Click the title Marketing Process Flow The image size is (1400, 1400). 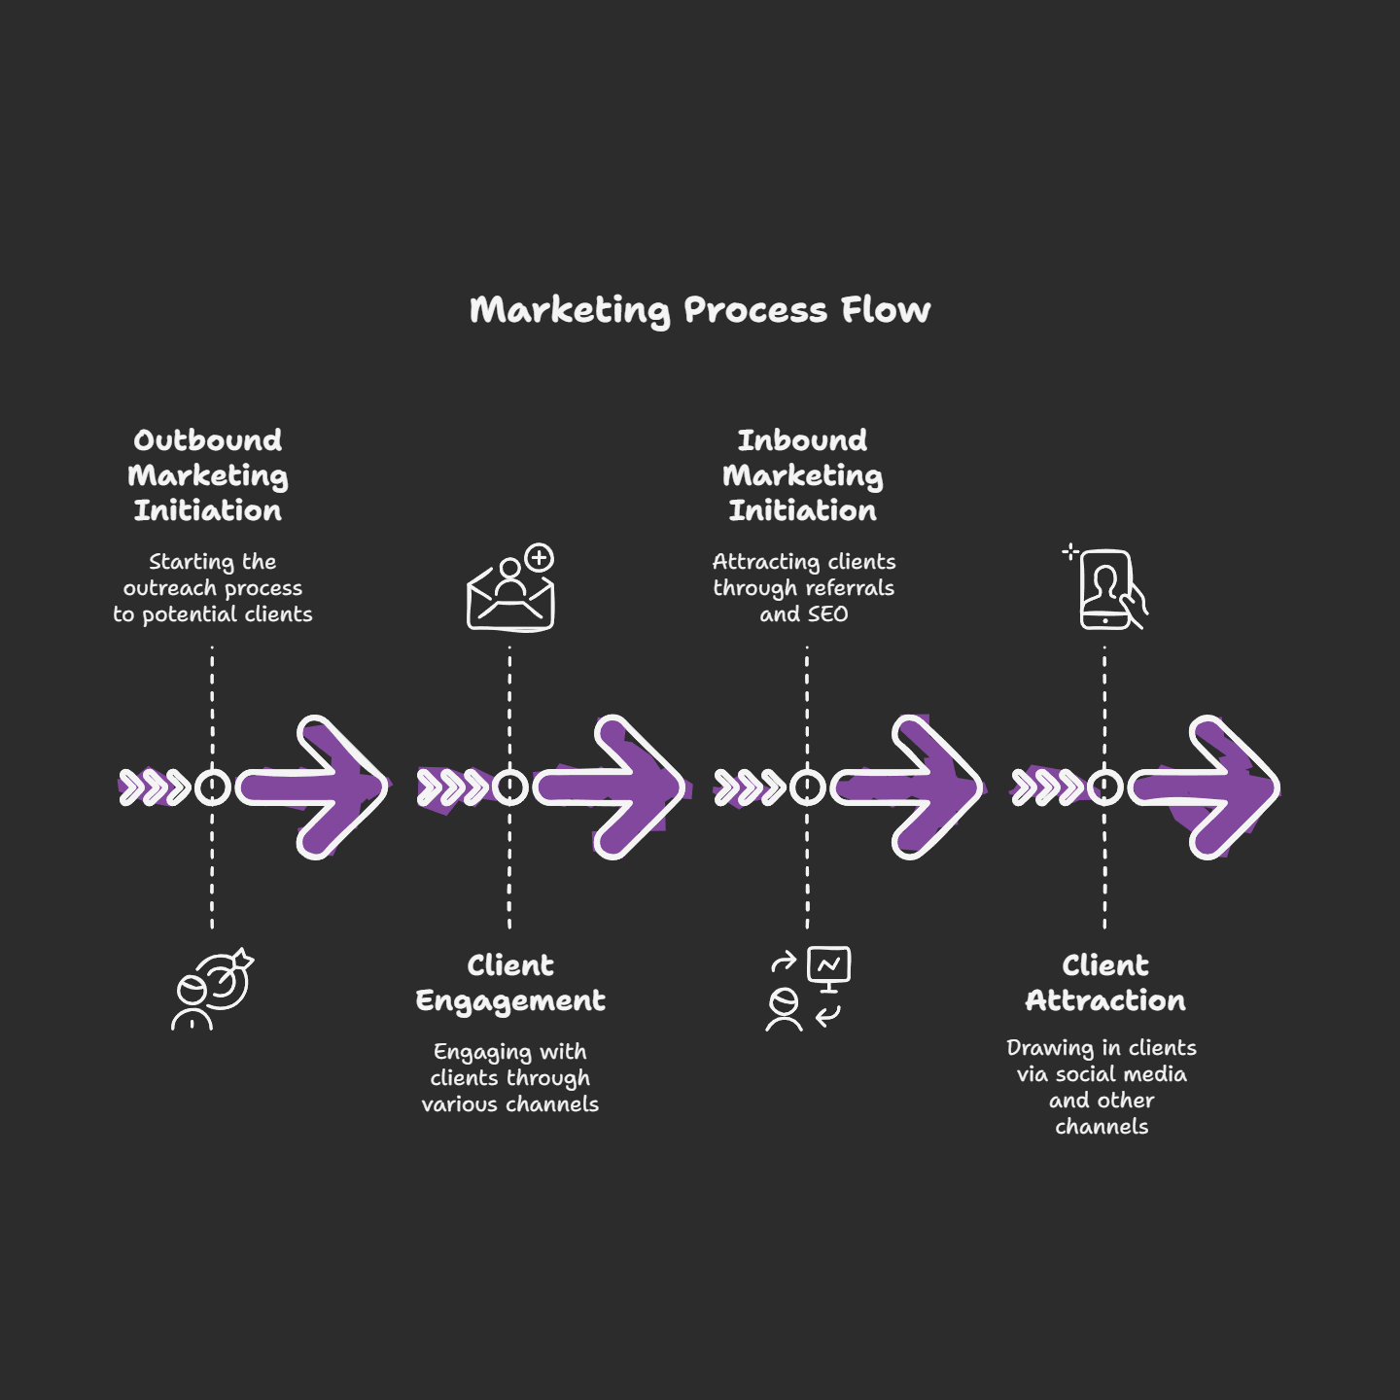point(700,310)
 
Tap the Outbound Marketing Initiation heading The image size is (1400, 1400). point(208,475)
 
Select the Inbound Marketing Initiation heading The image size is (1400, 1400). point(803,475)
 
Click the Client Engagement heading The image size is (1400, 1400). point(510,983)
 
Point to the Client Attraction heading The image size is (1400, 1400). point(1105,983)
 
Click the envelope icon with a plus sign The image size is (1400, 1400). point(511,593)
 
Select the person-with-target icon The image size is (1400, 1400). point(212,990)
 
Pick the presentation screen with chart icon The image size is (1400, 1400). point(829,967)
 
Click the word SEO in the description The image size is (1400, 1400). point(828,614)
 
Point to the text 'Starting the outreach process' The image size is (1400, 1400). point(213,575)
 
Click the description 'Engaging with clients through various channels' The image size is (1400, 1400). point(510,1078)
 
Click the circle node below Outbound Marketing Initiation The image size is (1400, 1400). point(213,787)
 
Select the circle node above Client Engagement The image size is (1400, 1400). point(510,787)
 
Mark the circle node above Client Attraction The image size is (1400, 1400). point(1105,787)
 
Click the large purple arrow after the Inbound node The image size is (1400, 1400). point(909,787)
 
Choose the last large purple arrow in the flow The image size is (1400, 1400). point(1207,787)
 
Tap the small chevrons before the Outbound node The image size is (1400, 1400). point(155,787)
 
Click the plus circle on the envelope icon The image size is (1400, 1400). point(539,558)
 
